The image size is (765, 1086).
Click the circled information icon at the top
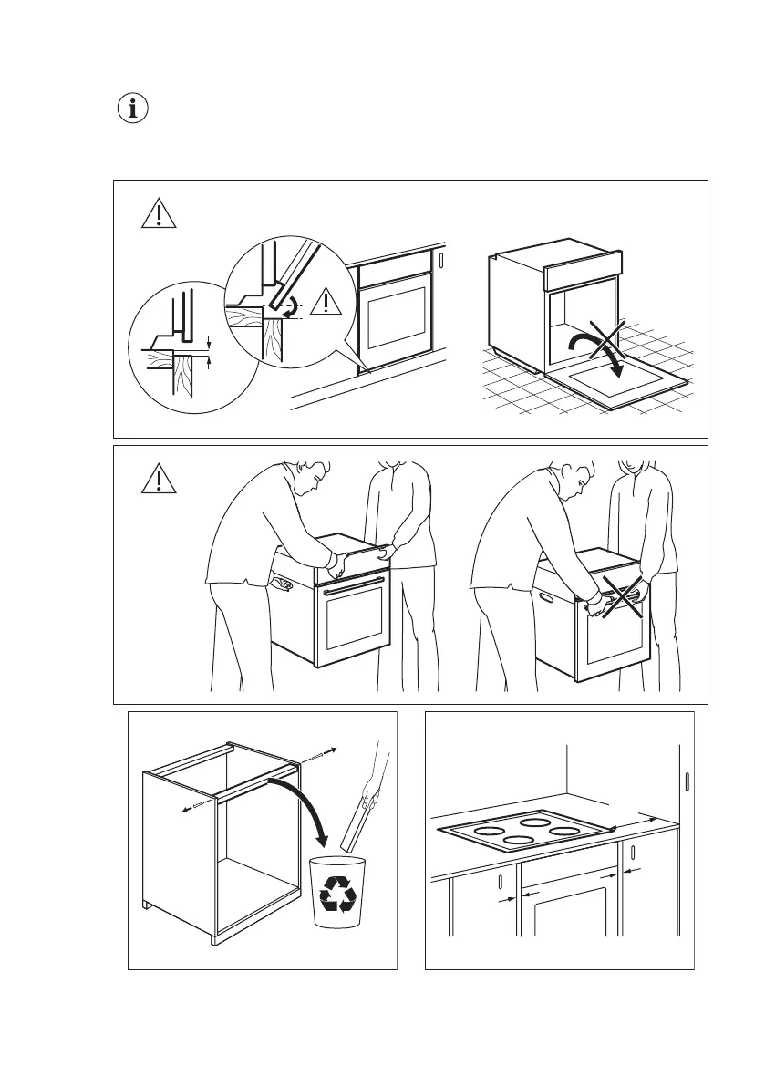tap(134, 109)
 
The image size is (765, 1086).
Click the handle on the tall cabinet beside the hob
tap(687, 781)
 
